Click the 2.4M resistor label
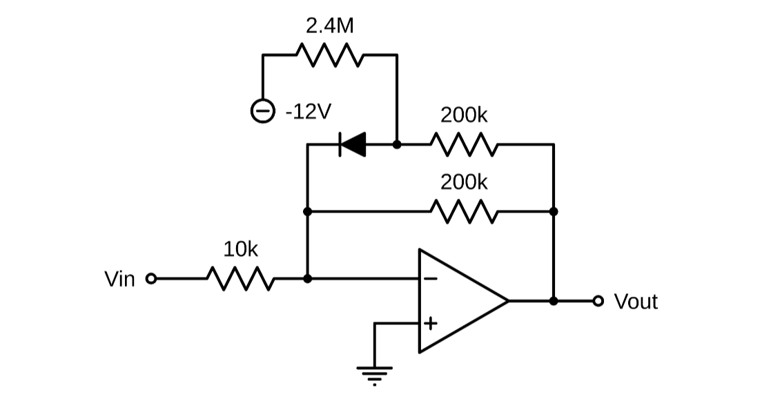point(330,26)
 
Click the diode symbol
point(352,145)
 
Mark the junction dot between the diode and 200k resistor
point(397,145)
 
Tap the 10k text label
point(240,249)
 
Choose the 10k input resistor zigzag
point(240,279)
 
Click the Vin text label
point(119,280)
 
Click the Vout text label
point(636,302)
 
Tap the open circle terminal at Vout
point(598,301)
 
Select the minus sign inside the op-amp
point(430,279)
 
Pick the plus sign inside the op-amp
point(430,322)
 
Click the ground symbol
point(374,374)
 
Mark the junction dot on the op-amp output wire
point(554,301)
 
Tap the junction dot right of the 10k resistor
point(308,279)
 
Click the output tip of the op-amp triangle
point(508,301)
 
